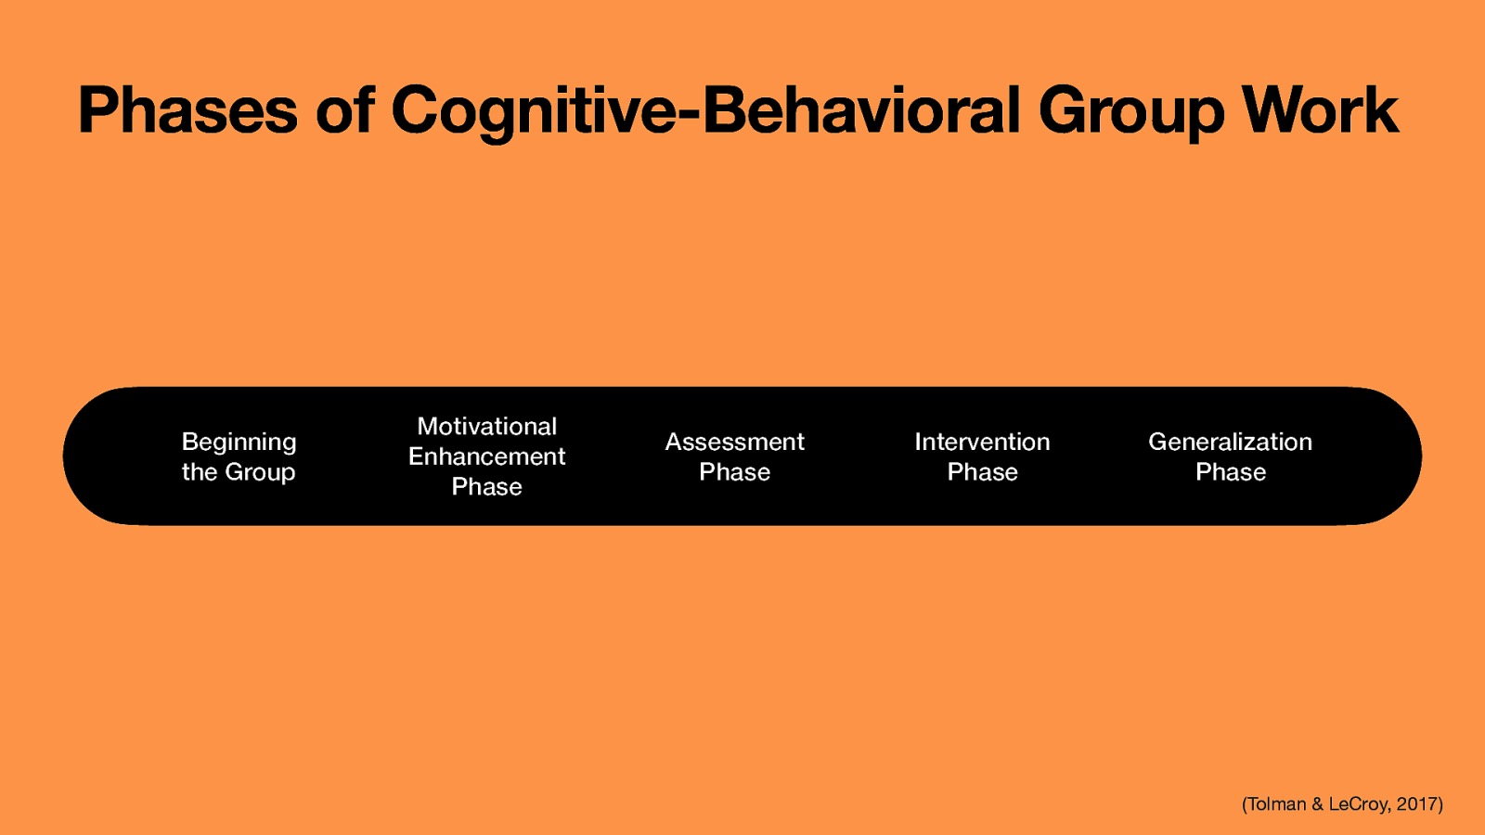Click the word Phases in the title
click(187, 111)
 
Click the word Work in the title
click(1320, 111)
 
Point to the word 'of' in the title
click(344, 111)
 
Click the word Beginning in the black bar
click(239, 443)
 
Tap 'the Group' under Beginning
click(239, 472)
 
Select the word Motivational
click(486, 427)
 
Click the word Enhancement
click(486, 456)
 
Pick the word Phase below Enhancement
click(486, 487)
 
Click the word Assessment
click(734, 443)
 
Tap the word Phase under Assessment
click(734, 472)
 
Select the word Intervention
click(982, 443)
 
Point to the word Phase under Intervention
click(982, 472)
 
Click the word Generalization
click(1230, 443)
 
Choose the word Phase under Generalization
click(1230, 472)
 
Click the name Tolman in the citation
click(1277, 804)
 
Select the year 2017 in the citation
click(1417, 804)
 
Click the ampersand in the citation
click(1317, 804)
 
